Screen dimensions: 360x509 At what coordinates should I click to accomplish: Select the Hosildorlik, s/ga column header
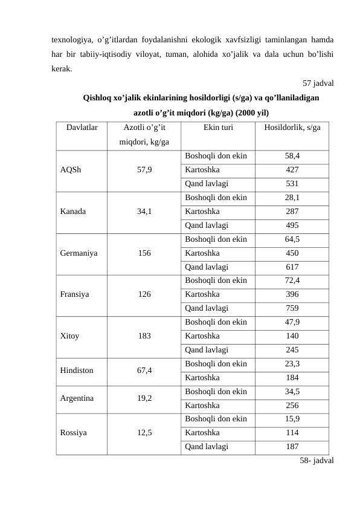click(292, 128)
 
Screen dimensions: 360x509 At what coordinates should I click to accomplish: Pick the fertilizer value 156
click(144, 253)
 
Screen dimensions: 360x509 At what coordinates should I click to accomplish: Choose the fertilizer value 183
click(144, 335)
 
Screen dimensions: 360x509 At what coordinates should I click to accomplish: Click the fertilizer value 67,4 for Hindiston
click(144, 370)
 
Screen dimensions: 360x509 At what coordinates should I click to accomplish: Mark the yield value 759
click(292, 307)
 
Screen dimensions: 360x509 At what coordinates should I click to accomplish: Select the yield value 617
click(292, 267)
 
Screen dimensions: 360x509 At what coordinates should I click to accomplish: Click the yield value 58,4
click(292, 156)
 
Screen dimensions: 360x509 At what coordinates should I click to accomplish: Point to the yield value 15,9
click(292, 419)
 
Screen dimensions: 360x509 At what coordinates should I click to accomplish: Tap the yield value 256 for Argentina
click(292, 405)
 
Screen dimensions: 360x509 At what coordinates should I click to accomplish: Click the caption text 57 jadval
click(319, 83)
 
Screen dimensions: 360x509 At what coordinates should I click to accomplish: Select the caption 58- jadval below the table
click(317, 461)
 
